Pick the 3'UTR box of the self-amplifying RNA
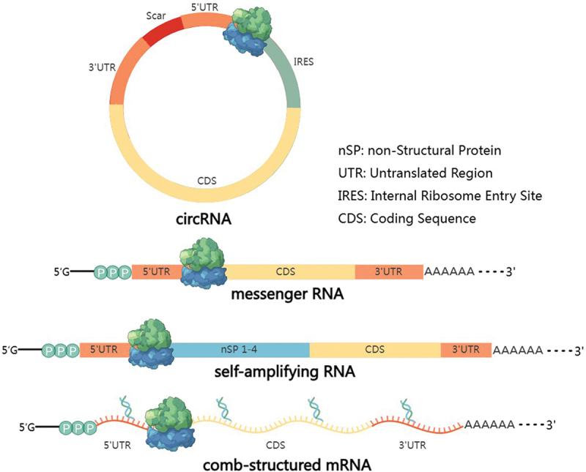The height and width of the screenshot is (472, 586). click(x=466, y=349)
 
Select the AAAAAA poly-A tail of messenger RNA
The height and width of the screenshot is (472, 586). click(x=450, y=272)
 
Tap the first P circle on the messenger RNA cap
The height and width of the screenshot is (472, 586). click(x=98, y=272)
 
